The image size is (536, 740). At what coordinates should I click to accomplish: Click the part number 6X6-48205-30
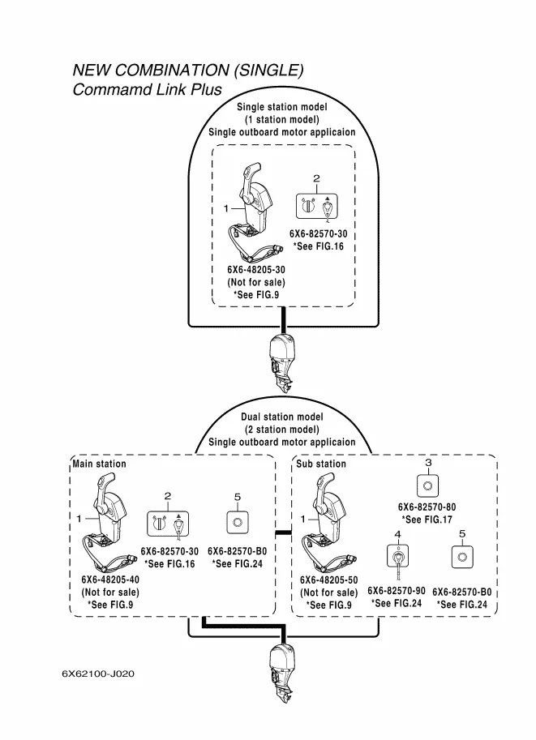[x=256, y=270]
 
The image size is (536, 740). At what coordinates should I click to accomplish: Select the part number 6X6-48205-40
[x=110, y=580]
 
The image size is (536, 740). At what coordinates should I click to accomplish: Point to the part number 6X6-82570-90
[x=397, y=591]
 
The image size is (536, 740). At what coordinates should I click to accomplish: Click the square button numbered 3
[x=427, y=485]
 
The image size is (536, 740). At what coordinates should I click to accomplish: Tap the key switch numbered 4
[x=397, y=559]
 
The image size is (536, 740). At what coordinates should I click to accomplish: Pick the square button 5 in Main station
[x=236, y=523]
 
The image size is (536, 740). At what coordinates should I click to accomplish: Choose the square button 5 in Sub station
[x=461, y=559]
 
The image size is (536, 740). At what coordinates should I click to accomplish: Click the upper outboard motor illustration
[x=283, y=357]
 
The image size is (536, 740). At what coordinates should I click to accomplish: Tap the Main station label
[x=100, y=464]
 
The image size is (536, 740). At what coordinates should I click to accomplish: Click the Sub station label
[x=321, y=464]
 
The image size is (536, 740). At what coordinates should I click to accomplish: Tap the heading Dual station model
[x=281, y=417]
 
